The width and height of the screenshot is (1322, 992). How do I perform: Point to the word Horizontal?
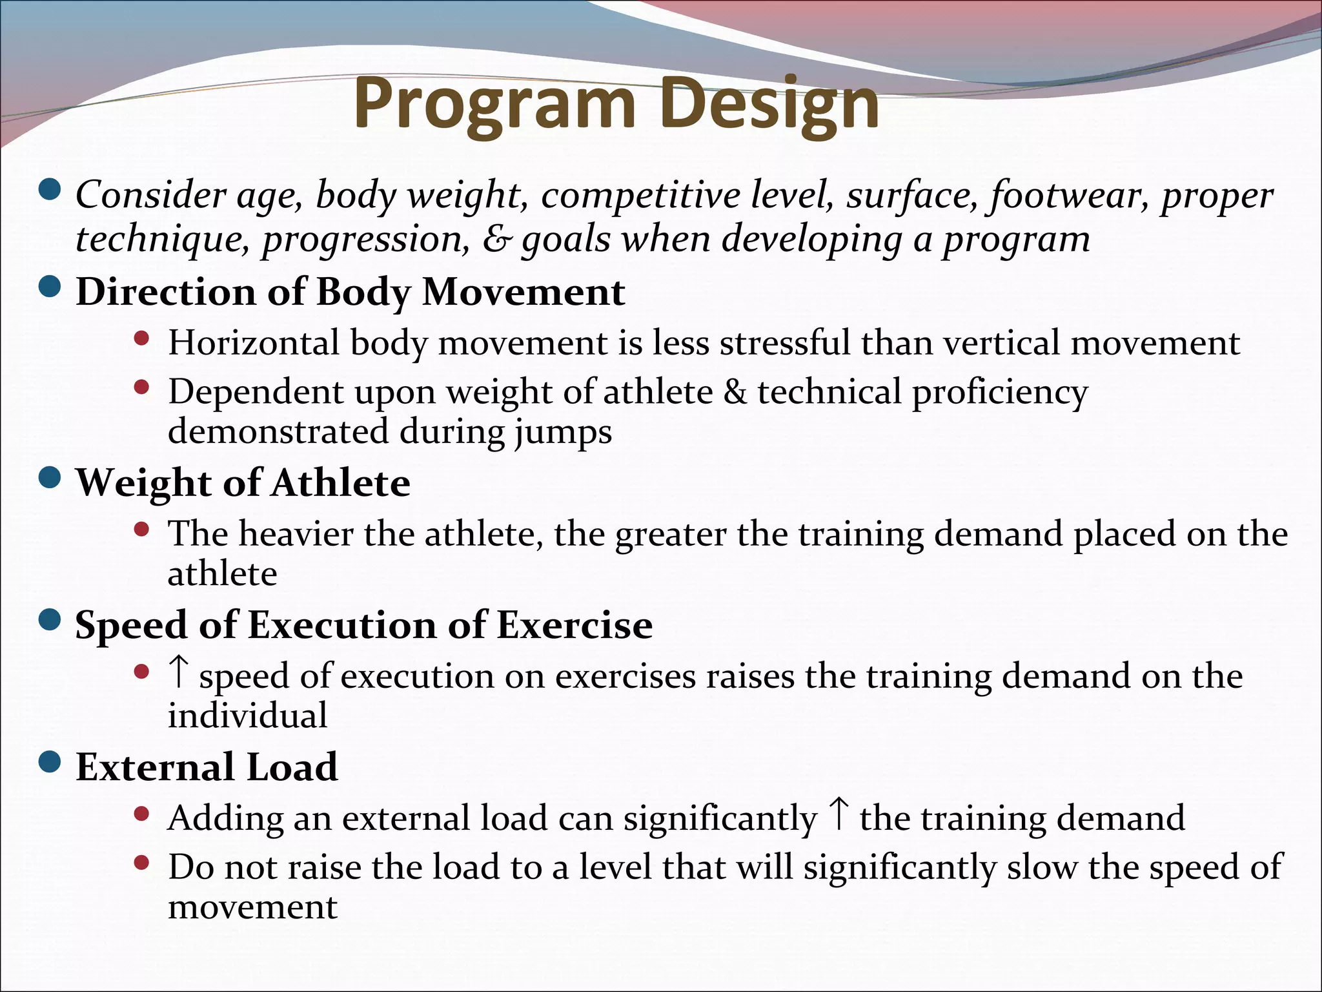pos(253,342)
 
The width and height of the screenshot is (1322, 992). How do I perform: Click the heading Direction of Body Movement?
pos(351,292)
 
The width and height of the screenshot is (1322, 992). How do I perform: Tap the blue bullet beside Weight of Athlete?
pos(50,479)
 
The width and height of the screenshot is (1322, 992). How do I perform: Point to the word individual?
pos(247,716)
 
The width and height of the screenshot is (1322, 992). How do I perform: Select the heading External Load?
pos(207,767)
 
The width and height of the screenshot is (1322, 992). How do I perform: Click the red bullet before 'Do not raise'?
pos(141,863)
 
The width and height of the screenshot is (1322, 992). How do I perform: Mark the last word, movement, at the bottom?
pos(252,907)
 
